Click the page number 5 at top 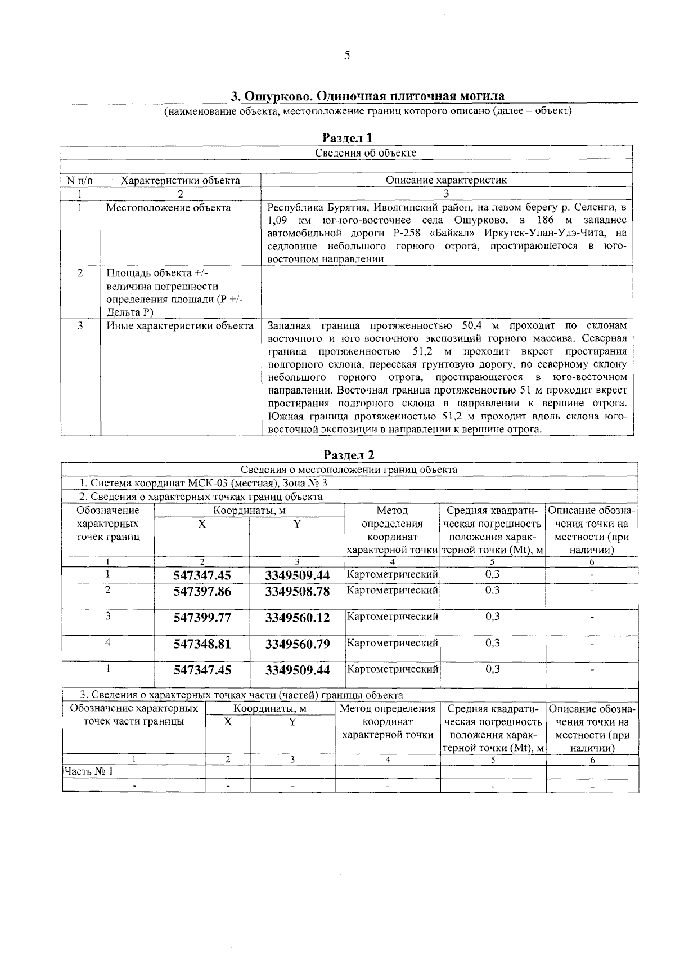(x=347, y=55)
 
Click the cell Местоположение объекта (x=169, y=208)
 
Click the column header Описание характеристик (x=446, y=180)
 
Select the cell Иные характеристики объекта (x=180, y=326)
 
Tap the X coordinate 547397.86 (x=202, y=592)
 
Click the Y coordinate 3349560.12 (x=298, y=618)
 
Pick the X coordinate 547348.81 (x=202, y=644)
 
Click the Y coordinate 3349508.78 (x=298, y=592)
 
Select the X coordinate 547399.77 (x=202, y=618)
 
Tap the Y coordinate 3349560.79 (x=298, y=644)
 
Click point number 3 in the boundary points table (x=107, y=616)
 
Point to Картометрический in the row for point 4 (x=392, y=642)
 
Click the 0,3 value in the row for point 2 (x=492, y=590)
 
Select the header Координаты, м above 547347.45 (x=249, y=511)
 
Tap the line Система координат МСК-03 (x=203, y=483)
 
